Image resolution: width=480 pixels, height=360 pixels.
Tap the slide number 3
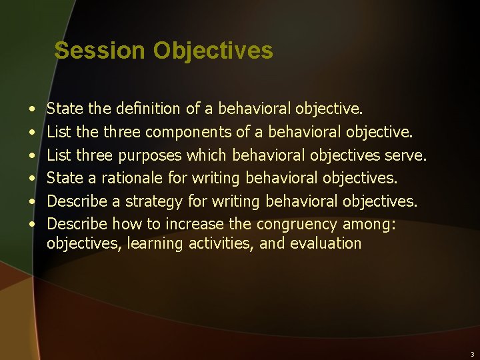[x=472, y=354]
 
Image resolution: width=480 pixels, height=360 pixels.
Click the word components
[x=185, y=131]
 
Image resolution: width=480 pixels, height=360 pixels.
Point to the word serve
[x=405, y=155]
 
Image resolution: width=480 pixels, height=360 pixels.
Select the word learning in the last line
[x=155, y=243]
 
